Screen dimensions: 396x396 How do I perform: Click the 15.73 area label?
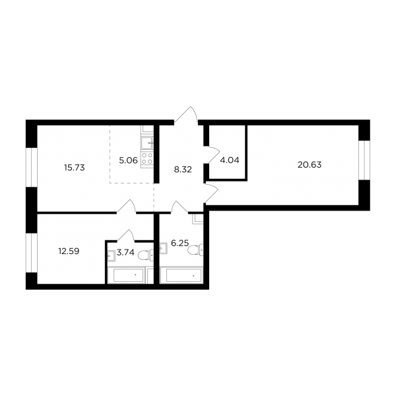pyautogui.click(x=74, y=168)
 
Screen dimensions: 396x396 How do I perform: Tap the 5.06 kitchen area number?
pyautogui.click(x=128, y=160)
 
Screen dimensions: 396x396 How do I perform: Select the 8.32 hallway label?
pyautogui.click(x=183, y=170)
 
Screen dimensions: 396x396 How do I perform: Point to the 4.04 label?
pyautogui.click(x=230, y=160)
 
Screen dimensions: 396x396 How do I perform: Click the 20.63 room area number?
pyautogui.click(x=310, y=165)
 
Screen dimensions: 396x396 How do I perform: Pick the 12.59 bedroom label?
pyautogui.click(x=69, y=251)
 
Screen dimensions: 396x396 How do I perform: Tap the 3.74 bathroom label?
pyautogui.click(x=125, y=252)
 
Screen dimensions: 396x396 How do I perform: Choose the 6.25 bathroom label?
pyautogui.click(x=180, y=244)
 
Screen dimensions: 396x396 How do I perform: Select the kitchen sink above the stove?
pyautogui.click(x=147, y=143)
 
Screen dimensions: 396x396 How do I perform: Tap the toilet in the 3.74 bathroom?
pyautogui.click(x=146, y=255)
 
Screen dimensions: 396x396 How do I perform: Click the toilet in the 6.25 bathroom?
pyautogui.click(x=195, y=249)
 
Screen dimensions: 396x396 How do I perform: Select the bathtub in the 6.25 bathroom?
pyautogui.click(x=181, y=275)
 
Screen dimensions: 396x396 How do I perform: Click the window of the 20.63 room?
pyautogui.click(x=364, y=160)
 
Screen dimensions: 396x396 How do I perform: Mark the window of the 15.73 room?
pyautogui.click(x=32, y=168)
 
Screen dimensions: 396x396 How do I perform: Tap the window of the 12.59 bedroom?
pyautogui.click(x=32, y=253)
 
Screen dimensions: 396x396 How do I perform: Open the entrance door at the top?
pyautogui.click(x=186, y=115)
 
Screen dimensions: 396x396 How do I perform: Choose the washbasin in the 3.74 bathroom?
pyautogui.click(x=111, y=256)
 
